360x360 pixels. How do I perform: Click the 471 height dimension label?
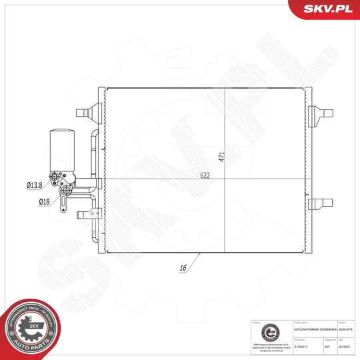(x=222, y=158)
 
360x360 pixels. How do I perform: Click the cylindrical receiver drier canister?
(x=60, y=151)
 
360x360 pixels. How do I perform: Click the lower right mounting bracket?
(x=323, y=203)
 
